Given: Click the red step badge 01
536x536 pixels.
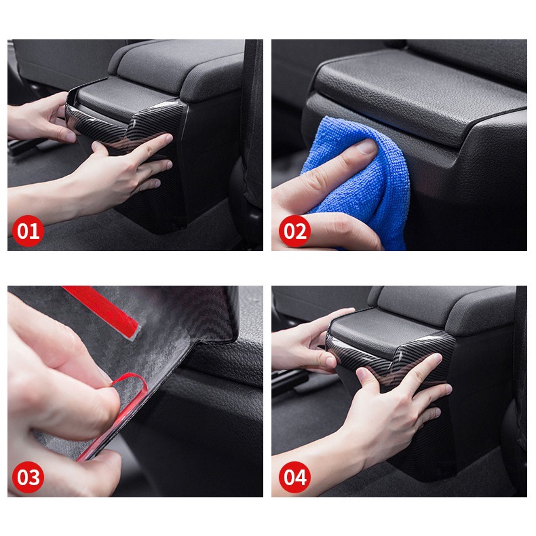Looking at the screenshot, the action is point(28,231).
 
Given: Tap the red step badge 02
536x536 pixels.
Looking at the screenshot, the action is point(294,231).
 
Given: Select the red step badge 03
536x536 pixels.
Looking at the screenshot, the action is point(28,477).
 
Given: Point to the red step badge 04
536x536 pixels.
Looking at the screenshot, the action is point(294,477).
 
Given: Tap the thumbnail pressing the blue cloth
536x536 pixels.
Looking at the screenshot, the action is point(365,147).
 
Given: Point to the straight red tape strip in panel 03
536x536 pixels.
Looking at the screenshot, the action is point(102,311).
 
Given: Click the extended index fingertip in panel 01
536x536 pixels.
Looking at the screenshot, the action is point(168,138).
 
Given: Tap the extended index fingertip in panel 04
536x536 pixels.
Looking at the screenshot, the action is point(436,358).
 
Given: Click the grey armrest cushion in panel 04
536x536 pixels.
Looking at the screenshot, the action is point(444,307).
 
